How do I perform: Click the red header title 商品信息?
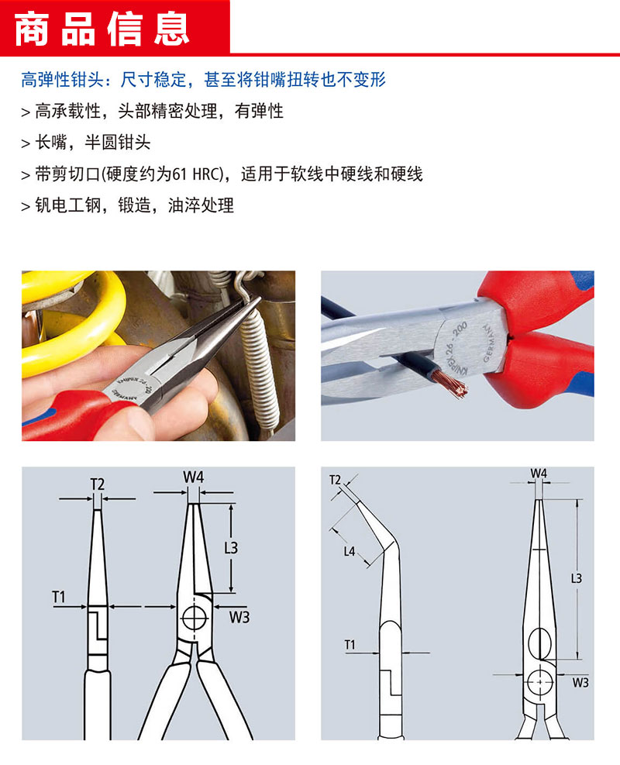[102, 29]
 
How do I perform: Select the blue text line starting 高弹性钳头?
[203, 79]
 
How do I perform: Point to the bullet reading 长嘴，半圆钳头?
[86, 143]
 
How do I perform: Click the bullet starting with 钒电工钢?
[127, 205]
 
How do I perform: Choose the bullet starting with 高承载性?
[152, 112]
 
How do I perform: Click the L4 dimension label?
[350, 551]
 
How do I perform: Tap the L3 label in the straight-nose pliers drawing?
[231, 548]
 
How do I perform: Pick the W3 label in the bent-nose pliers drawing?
[580, 683]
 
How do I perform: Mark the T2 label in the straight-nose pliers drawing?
[98, 484]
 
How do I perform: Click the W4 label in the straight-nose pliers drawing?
[193, 477]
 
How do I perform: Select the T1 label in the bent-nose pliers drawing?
[350, 645]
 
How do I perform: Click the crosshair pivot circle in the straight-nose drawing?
[194, 619]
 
